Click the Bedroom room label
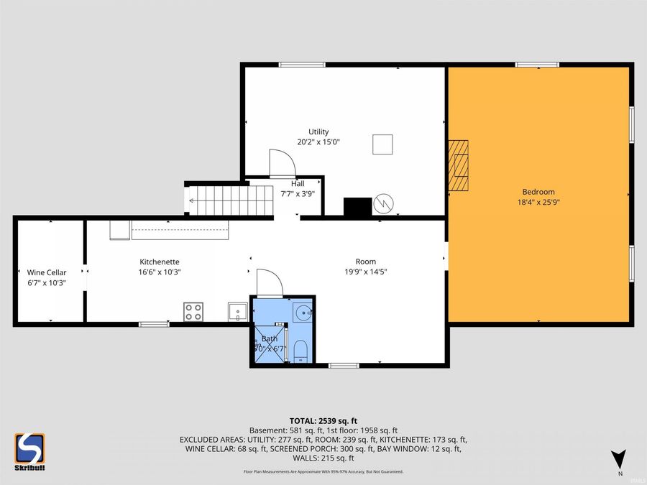[538, 192]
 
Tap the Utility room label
[318, 131]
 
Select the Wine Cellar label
[47, 272]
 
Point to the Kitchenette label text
[159, 262]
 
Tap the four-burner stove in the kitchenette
[193, 312]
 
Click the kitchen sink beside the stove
[238, 312]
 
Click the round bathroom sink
[303, 313]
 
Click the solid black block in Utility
[357, 206]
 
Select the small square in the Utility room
[383, 144]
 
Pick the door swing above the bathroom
[269, 282]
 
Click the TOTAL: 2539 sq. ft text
[323, 420]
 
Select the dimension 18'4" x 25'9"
[538, 203]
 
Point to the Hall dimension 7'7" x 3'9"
[298, 193]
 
